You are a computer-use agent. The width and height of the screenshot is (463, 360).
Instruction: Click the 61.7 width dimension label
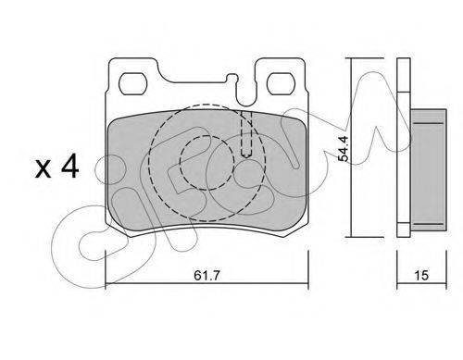point(206,275)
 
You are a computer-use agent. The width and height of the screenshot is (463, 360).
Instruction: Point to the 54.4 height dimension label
point(343,148)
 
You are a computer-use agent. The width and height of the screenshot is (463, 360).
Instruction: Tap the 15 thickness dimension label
point(421,275)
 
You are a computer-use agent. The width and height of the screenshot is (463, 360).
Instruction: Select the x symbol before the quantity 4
point(43,169)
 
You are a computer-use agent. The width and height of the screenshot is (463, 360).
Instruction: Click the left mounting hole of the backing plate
point(132,83)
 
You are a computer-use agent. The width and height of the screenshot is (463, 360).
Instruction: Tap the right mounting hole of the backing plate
point(281,83)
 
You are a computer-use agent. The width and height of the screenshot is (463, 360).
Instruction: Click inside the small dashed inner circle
point(207,163)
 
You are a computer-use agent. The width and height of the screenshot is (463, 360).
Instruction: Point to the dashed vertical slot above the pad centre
point(246,134)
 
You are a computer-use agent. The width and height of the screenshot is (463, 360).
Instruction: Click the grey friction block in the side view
point(429,170)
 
